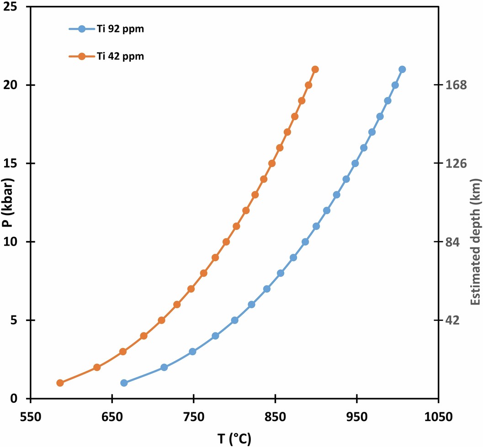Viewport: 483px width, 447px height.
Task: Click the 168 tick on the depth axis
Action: click(456, 85)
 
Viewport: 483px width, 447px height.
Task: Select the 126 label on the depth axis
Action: click(456, 163)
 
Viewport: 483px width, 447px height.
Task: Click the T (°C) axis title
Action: click(234, 438)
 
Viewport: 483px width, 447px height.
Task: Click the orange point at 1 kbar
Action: click(60, 383)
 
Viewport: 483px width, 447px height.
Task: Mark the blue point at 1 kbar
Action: click(124, 383)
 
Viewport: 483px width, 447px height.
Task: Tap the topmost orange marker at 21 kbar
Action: click(315, 69)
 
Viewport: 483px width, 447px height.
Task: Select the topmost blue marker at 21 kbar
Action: click(402, 69)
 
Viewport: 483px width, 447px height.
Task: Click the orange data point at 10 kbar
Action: click(226, 242)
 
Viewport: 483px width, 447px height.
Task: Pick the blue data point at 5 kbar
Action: click(235, 320)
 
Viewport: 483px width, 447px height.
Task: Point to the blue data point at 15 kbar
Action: click(355, 163)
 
